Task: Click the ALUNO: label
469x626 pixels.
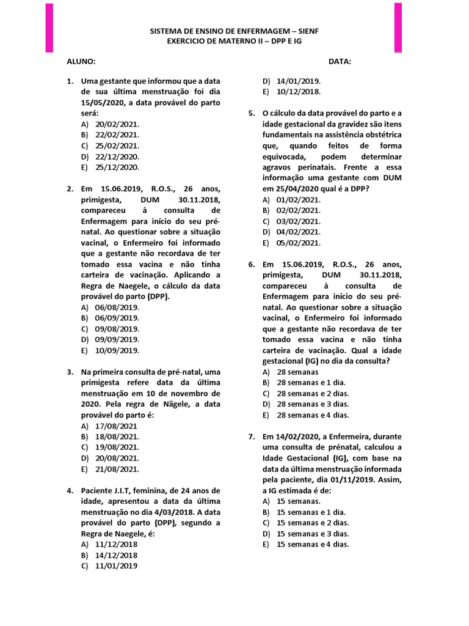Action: coord(81,62)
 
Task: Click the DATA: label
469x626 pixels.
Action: coord(340,62)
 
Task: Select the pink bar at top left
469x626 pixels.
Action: coord(49,28)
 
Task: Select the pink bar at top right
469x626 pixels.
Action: coord(398,28)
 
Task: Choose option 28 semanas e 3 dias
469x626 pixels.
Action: coord(313,404)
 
